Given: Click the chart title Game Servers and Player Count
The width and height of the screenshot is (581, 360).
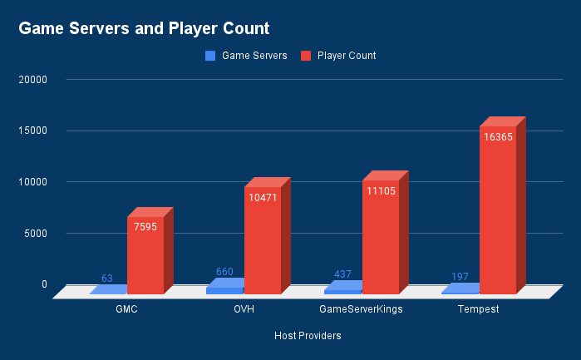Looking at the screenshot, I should pyautogui.click(x=144, y=28).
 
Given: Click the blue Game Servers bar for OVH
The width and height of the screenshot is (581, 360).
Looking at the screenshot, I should pyautogui.click(x=224, y=289).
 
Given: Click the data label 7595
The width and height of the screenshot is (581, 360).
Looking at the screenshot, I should pyautogui.click(x=145, y=227).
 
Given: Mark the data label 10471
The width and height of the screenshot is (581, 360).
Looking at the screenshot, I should pyautogui.click(x=263, y=198).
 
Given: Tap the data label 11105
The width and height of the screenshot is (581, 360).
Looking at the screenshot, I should pyautogui.click(x=380, y=191).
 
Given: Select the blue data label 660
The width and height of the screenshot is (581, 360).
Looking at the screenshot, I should pyautogui.click(x=224, y=271).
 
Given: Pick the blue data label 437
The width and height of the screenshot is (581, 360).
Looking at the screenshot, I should pyautogui.click(x=342, y=274).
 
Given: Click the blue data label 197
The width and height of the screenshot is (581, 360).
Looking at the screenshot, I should pyautogui.click(x=459, y=276).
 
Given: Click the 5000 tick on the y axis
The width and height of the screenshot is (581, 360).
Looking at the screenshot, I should pyautogui.click(x=36, y=233).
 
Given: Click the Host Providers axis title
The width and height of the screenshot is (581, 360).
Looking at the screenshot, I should pyautogui.click(x=308, y=336).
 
